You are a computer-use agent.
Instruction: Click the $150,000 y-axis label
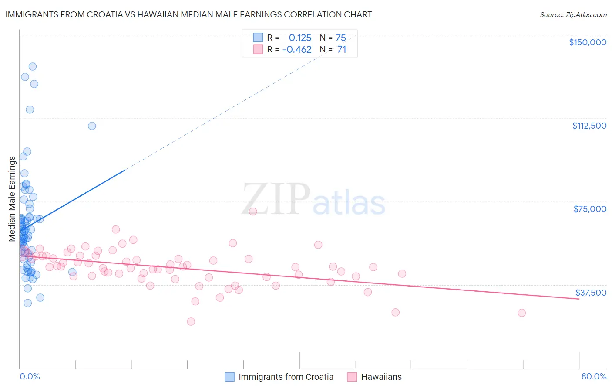coord(587,42)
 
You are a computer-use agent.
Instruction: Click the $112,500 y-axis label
coord(589,126)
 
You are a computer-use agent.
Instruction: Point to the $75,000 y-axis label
coord(590,209)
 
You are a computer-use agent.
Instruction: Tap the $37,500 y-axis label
coord(591,293)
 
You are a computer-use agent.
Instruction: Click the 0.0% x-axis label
coord(30,376)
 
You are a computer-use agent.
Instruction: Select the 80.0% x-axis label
coord(594,376)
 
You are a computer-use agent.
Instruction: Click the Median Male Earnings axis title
coord(12,198)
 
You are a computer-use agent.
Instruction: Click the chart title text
coord(188,14)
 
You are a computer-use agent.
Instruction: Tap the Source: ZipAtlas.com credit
coord(573,15)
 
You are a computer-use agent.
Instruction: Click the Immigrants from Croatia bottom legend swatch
coord(229,377)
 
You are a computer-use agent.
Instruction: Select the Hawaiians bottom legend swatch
coord(352,377)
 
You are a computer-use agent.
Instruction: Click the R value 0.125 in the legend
coord(300,38)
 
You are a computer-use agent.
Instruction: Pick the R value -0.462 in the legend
coord(297,50)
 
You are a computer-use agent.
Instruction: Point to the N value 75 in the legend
coord(341,38)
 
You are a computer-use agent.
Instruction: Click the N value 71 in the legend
coord(342,50)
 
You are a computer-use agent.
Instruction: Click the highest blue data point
coord(32,67)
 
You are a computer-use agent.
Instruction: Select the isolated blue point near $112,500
coord(92,126)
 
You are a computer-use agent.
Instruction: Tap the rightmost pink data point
coord(521,313)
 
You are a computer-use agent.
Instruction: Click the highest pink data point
coord(253,212)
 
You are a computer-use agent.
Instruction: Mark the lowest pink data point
coord(191,321)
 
